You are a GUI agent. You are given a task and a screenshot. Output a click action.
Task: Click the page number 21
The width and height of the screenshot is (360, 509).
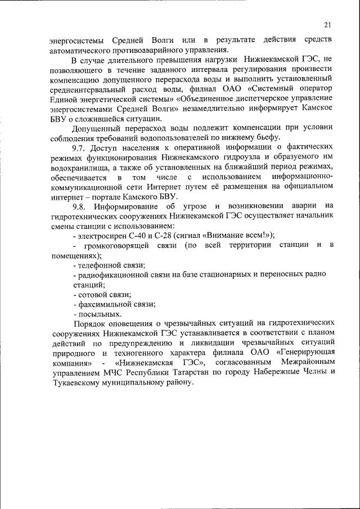pos(327,25)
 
